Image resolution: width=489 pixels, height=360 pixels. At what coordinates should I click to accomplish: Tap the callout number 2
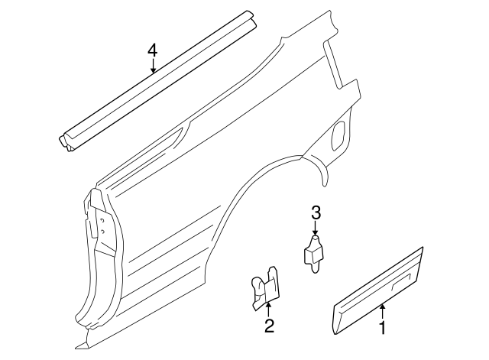[268, 328]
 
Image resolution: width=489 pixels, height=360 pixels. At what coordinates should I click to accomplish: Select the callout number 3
[315, 214]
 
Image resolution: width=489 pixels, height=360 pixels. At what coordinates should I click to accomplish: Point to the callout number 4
[153, 50]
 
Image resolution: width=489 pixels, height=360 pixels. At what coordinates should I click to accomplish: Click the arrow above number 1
[383, 310]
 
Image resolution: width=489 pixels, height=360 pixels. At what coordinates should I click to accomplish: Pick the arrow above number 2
[268, 309]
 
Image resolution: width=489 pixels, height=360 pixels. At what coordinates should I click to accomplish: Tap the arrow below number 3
[315, 230]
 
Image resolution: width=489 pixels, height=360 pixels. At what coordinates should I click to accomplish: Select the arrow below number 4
[153, 67]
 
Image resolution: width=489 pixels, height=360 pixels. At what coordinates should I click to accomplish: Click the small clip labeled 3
[314, 252]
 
